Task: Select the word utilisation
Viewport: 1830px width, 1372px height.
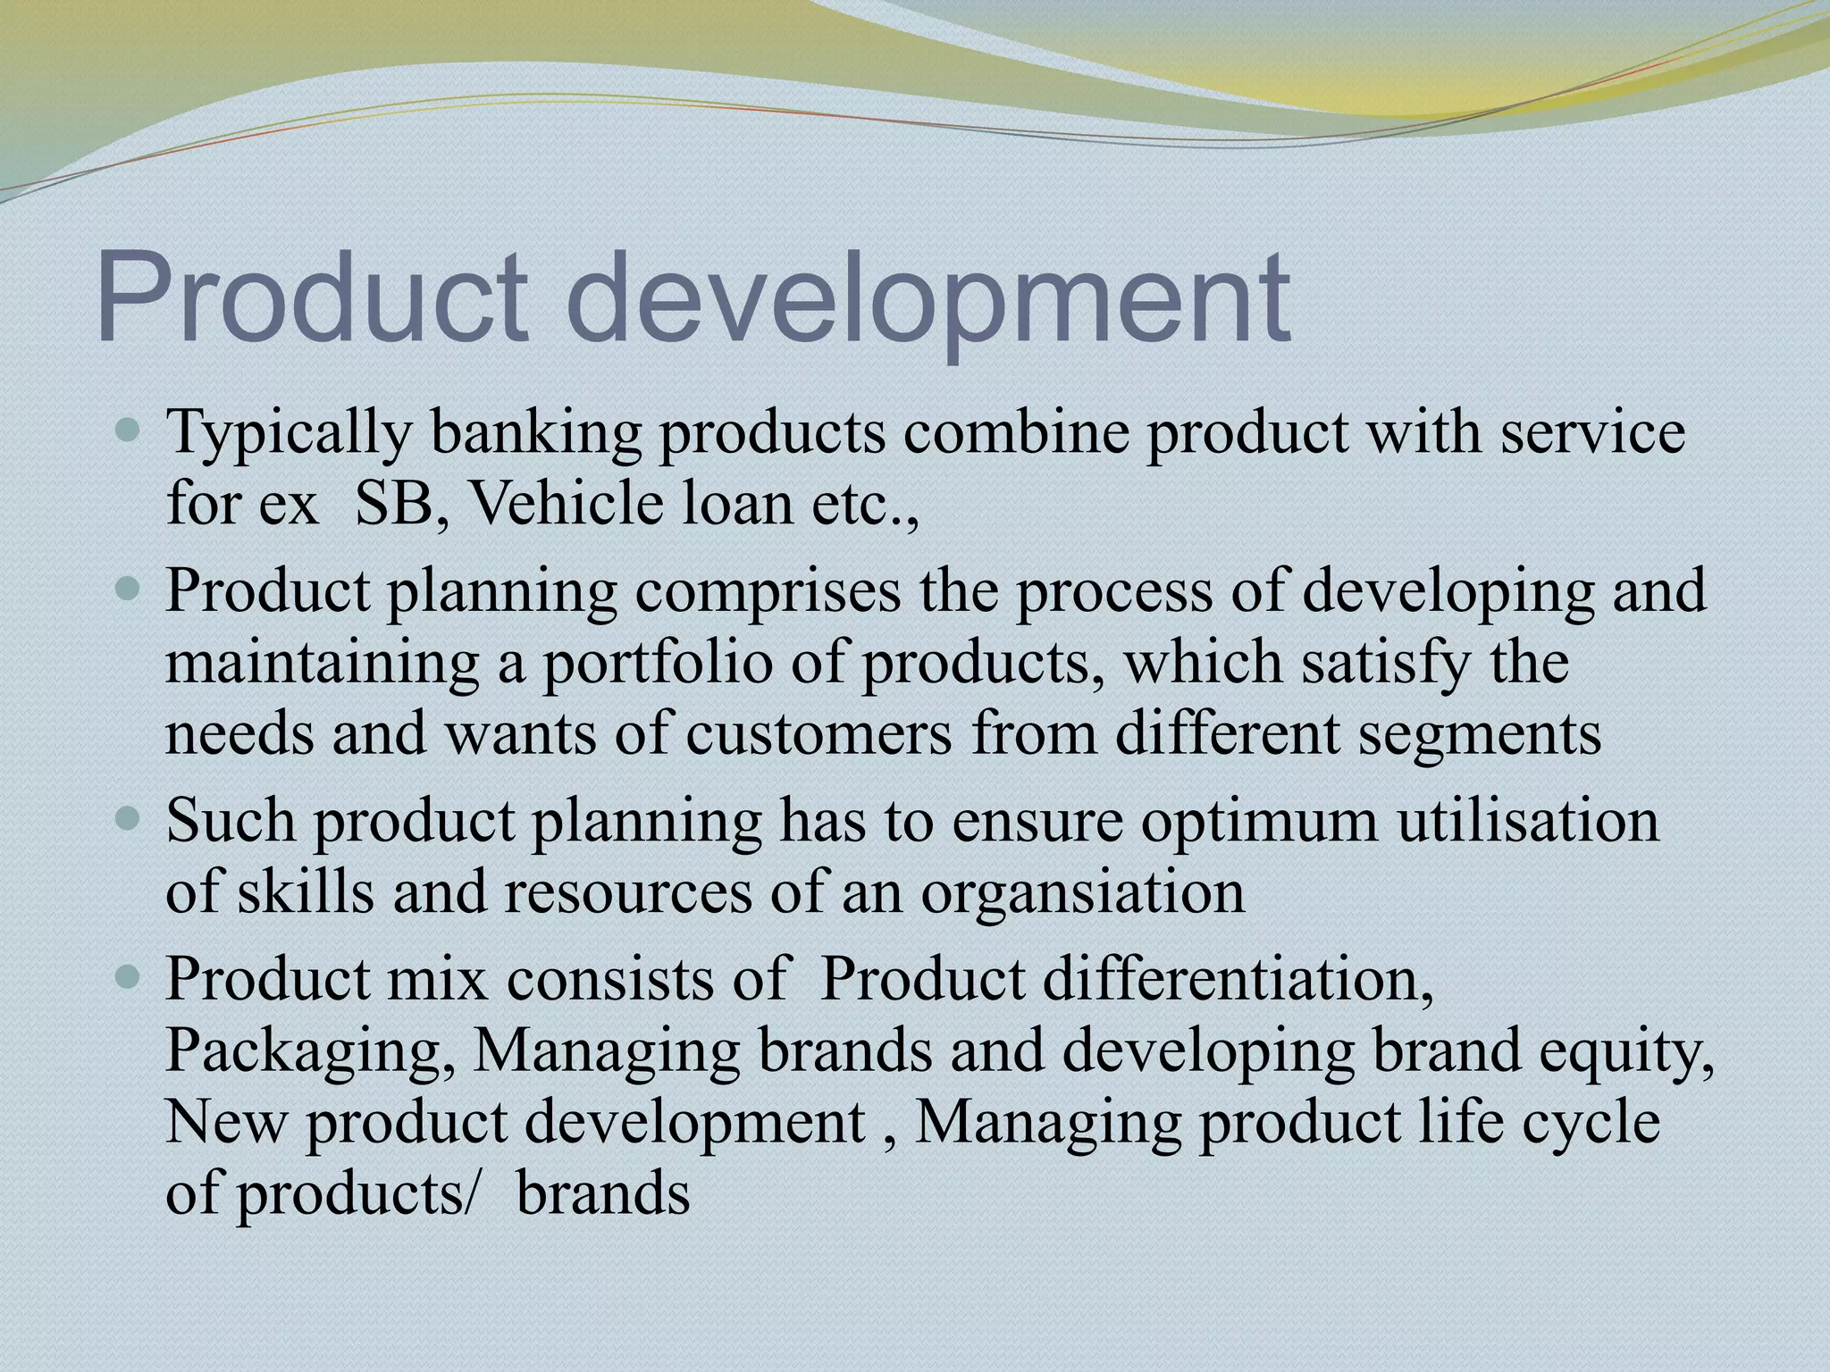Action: [1527, 819]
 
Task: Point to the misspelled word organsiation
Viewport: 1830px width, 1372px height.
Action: [1082, 892]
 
